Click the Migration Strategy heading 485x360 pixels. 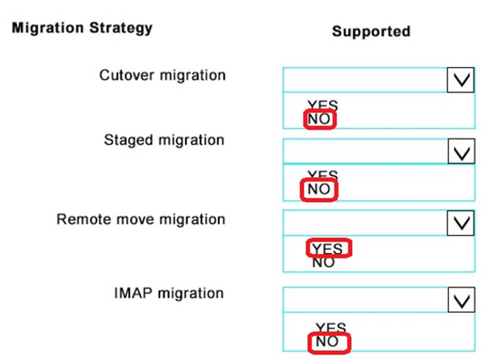pyautogui.click(x=82, y=28)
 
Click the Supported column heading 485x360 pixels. pyautogui.click(x=371, y=31)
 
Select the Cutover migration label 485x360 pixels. pyautogui.click(x=162, y=75)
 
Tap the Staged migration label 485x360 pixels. pyautogui.click(x=164, y=140)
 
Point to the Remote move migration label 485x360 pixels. pyautogui.click(x=140, y=220)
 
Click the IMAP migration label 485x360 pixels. pyautogui.click(x=169, y=293)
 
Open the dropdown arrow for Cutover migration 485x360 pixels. pyautogui.click(x=460, y=80)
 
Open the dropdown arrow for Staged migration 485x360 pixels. pyautogui.click(x=460, y=152)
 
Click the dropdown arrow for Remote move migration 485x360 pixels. pyautogui.click(x=460, y=223)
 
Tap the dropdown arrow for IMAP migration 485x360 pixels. pyautogui.click(x=460, y=300)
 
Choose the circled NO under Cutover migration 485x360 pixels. pyautogui.click(x=319, y=119)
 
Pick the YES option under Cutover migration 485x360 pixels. pyautogui.click(x=323, y=105)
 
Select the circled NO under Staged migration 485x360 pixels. pyautogui.click(x=319, y=190)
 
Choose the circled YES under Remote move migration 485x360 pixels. pyautogui.click(x=327, y=249)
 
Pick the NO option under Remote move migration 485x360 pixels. pyautogui.click(x=323, y=263)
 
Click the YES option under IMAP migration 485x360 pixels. pyautogui.click(x=331, y=328)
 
